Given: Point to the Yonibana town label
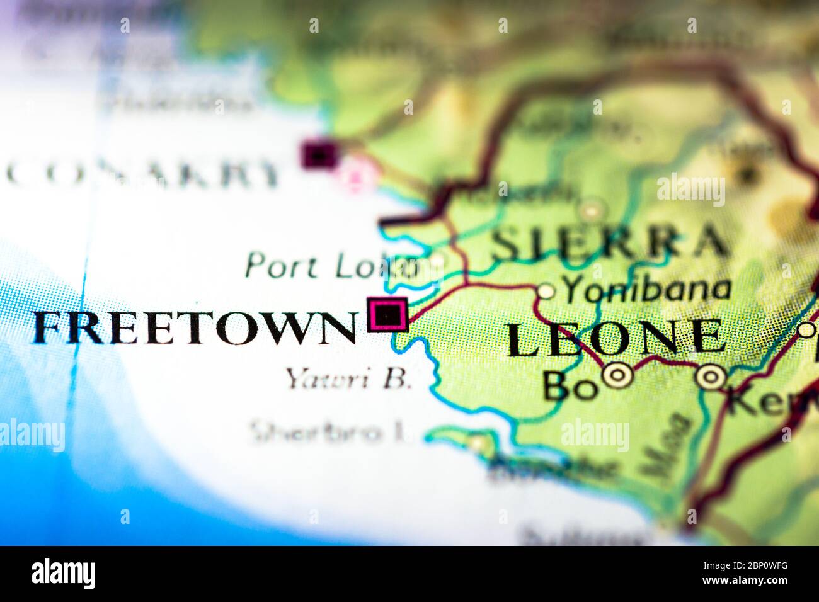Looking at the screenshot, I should click(x=647, y=289).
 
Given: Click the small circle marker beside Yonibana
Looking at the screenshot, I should click(x=546, y=291).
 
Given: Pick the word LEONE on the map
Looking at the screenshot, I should click(x=616, y=338).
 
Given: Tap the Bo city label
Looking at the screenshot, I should click(x=570, y=386).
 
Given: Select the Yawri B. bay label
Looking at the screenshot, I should click(x=348, y=379).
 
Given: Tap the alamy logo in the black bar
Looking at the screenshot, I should click(x=64, y=573).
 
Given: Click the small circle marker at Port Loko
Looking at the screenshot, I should click(x=438, y=259).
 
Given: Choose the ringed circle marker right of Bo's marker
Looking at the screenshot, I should click(x=711, y=377).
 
